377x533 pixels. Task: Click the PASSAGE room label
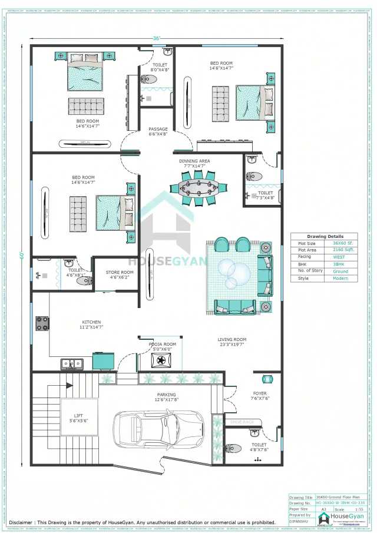pos(158,130)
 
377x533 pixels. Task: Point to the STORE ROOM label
pos(120,272)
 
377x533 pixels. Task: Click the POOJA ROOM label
pos(162,344)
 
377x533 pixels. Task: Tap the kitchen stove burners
pos(43,323)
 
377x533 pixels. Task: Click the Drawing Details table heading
pos(323,236)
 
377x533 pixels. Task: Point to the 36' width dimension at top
pos(156,38)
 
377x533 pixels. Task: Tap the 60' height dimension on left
pos(21,254)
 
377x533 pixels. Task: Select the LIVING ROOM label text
pos(232,340)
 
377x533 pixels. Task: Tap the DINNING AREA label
pos(194,161)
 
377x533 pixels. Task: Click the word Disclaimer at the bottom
pos(21,522)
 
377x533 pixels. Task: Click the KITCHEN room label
pos(91,322)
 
